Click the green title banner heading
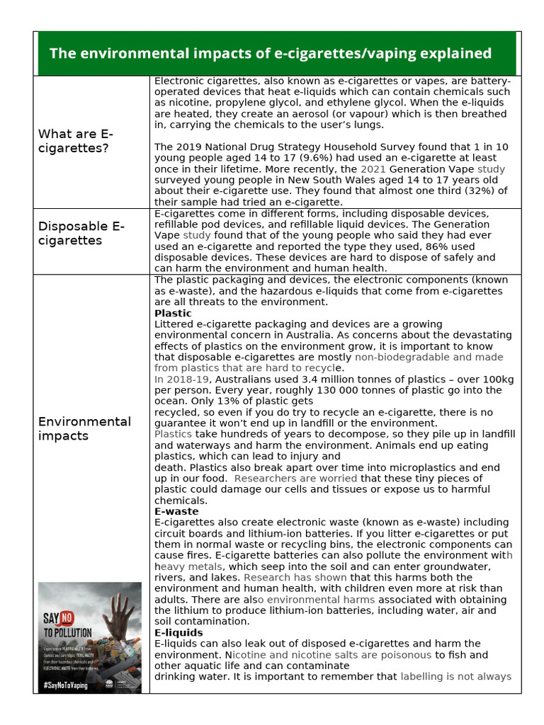coord(270,53)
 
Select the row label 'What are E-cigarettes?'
coord(75,141)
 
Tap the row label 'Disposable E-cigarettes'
coord(81,233)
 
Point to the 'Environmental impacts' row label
coord(84,428)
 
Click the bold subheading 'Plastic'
coord(173,313)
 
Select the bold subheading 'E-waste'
coord(176,511)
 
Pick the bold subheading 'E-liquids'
coord(178,632)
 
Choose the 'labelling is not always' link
coord(455,676)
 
